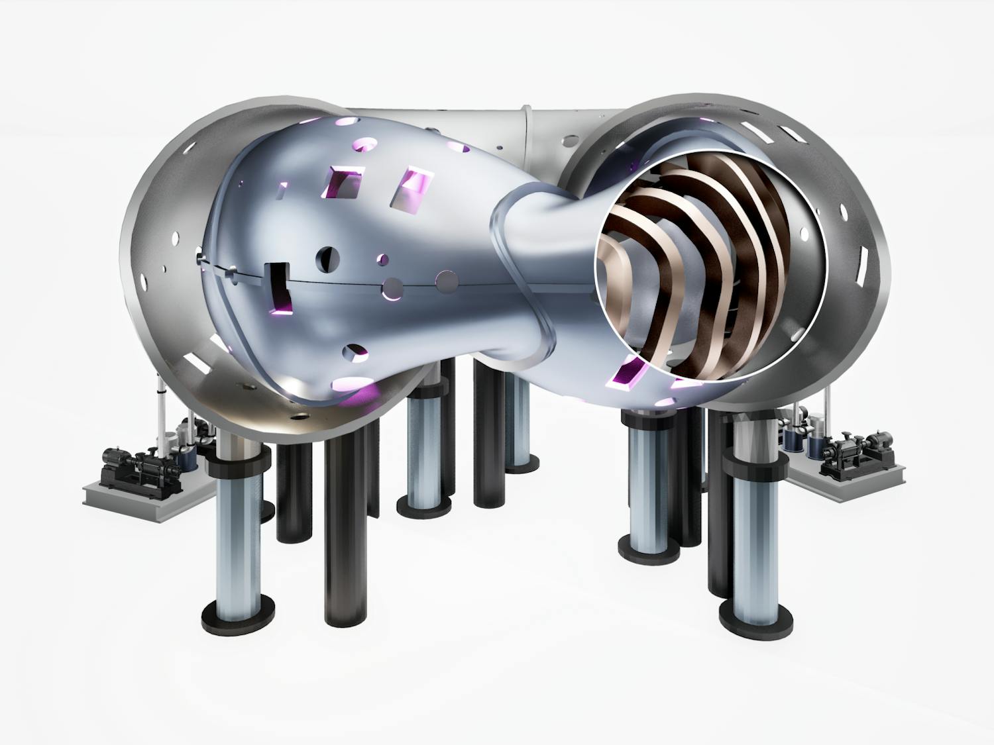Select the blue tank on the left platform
tap(188, 457)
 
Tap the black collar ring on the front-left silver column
tap(237, 460)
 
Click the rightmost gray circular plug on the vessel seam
tap(447, 281)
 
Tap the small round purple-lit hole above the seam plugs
tap(382, 260)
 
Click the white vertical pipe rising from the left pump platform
tap(161, 424)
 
